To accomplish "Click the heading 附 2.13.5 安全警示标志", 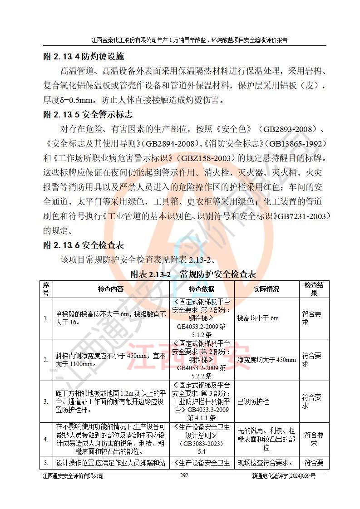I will pos(88,114).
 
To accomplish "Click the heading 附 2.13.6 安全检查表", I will pos(83,245).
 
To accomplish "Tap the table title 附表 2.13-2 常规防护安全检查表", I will pos(193,274).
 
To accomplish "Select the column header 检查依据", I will pos(202,289).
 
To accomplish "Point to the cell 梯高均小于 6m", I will pos(258,318).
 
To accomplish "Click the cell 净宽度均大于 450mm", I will pos(266,360).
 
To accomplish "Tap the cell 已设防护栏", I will pos(253,401).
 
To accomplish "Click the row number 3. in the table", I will pos(46,401).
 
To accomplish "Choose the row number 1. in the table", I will pos(46,318).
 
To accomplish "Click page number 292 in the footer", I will pos(184,476).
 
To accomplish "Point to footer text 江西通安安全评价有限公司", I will pos(73,476).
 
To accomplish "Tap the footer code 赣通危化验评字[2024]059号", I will pos(284,476).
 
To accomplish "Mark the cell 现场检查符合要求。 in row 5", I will pos(265,463).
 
